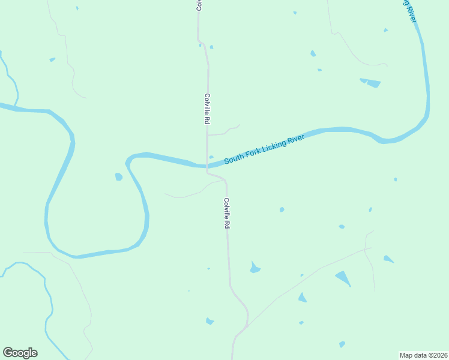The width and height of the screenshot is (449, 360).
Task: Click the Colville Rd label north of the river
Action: pos(206,109)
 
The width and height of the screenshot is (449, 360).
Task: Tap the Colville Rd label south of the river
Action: pos(227,213)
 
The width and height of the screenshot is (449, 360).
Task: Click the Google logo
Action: pos(20,353)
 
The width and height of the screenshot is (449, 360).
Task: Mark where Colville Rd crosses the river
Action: pos(207,165)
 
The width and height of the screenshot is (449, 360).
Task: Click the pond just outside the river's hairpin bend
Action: pos(119,176)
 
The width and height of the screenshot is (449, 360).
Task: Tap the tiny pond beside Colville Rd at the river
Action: pos(211,157)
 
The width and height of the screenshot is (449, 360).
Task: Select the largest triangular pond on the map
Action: pos(343,278)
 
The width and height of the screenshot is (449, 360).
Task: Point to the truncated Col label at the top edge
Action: pos(197,5)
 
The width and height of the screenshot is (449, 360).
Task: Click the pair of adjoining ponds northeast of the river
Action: pos(370,82)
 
